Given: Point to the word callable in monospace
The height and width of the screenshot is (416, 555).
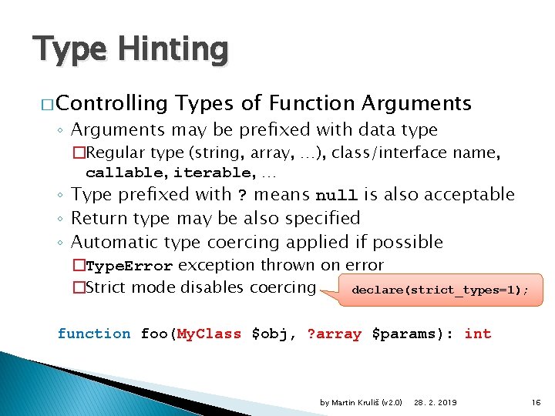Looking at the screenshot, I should point(126,172).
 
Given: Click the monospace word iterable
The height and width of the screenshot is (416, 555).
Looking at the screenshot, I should point(215,172).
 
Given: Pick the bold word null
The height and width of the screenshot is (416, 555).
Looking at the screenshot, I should point(337,195).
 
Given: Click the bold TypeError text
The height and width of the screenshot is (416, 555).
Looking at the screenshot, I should point(129,267).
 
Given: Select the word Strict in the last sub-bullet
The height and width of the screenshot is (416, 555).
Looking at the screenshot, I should point(108,288).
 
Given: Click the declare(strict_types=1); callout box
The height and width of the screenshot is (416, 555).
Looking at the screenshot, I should point(439,290).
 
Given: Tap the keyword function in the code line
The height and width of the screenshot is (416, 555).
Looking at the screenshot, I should point(94,334).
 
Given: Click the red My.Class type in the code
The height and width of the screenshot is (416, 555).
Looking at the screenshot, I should point(209,334).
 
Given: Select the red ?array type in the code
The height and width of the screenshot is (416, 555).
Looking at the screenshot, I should point(335,334).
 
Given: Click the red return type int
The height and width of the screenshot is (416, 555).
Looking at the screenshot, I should point(478,334).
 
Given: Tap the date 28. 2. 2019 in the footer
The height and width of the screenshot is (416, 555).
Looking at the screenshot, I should point(435,402).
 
